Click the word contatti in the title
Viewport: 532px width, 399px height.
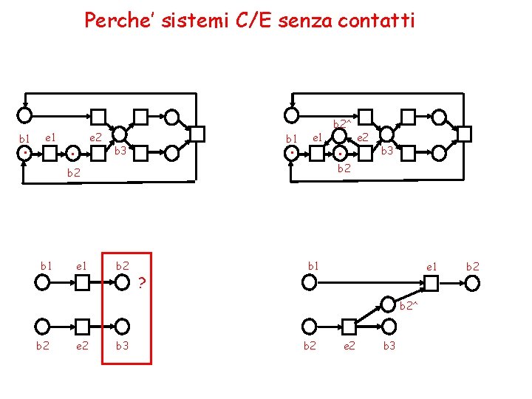click(376, 20)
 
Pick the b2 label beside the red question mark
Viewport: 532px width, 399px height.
click(123, 265)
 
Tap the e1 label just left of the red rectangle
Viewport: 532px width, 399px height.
click(82, 265)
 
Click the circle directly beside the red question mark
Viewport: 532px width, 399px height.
click(122, 282)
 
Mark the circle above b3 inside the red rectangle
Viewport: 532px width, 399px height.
click(122, 325)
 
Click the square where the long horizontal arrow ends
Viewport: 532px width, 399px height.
click(430, 282)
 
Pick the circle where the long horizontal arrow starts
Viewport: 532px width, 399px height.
click(309, 282)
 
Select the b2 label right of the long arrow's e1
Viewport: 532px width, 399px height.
click(472, 265)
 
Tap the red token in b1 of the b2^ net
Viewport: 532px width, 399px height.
click(293, 153)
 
